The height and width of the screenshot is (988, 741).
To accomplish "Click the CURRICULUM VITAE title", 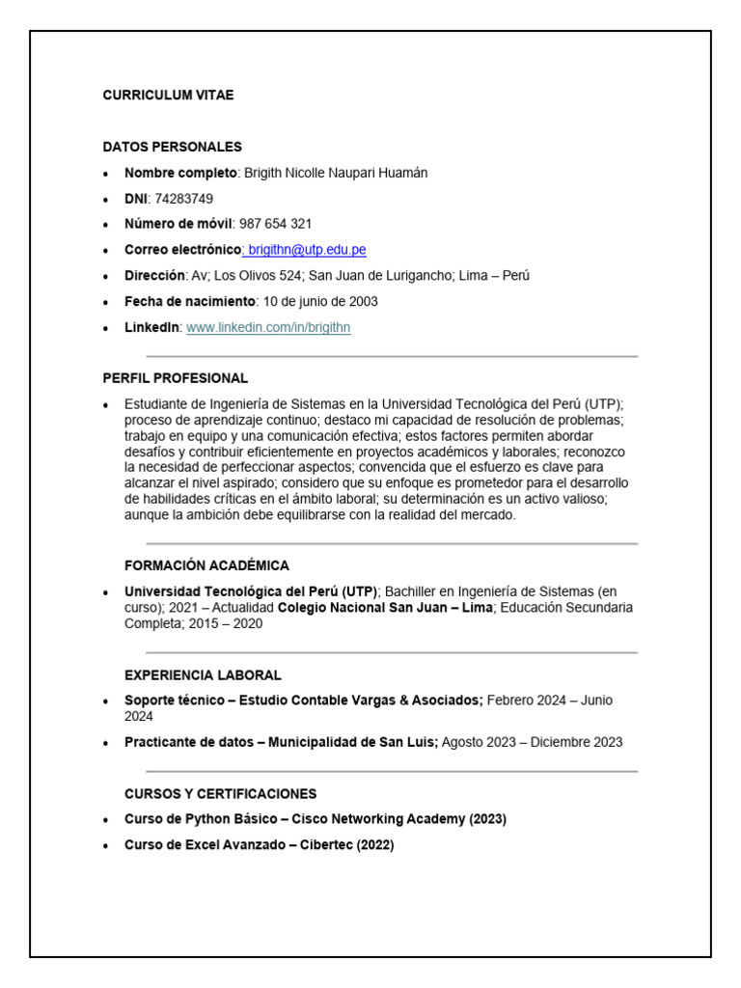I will pos(168,96).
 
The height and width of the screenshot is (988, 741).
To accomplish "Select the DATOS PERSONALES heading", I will pos(172,147).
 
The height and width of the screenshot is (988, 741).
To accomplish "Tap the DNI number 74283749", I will pos(184,199).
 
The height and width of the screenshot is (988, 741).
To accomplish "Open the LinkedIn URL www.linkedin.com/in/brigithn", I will pos(268,327).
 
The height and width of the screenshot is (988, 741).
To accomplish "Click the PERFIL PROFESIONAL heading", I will pos(175,378).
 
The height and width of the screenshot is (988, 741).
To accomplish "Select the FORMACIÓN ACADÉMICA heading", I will pos(206,565).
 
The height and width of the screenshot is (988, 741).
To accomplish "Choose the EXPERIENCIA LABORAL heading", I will pos(203,674).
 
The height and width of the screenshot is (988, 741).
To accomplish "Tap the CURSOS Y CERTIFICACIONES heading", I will pos(220,794).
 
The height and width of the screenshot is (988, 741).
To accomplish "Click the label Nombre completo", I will pos(180,173).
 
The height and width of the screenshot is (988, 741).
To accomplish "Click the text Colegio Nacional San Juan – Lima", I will pos(385,608).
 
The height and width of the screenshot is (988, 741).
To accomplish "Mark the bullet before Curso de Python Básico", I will pos(106,820).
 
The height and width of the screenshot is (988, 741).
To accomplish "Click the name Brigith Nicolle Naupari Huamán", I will pos(336,173).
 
